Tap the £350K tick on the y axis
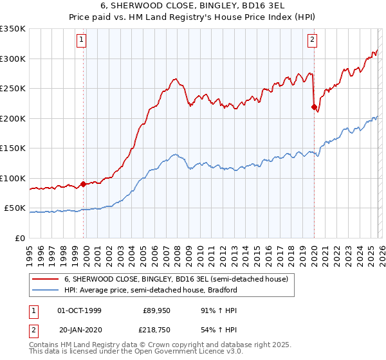pos(13,29)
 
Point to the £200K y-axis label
pos(13,118)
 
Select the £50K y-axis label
pos(15,208)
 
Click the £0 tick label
pos(21,238)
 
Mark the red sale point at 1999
pos(84,184)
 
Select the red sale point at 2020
pos(314,107)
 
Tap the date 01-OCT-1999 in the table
pos(79,310)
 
